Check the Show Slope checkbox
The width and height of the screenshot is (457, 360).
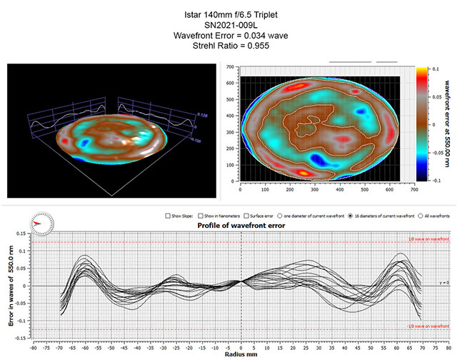[166, 215]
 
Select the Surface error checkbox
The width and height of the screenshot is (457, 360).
[250, 215]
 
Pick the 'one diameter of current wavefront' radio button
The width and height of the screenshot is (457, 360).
[281, 215]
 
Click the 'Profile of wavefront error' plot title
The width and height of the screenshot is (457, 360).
[241, 225]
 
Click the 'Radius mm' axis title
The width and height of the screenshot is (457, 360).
[241, 354]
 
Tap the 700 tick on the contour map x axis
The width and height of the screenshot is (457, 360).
[413, 191]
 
